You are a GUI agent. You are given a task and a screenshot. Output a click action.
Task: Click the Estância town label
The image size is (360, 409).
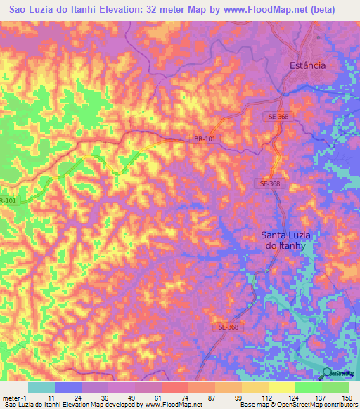[x=308, y=65]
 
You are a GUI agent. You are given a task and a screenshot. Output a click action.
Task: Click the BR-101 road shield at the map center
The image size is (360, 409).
[x=205, y=139]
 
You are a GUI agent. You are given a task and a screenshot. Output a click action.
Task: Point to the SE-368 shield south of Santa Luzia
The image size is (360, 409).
[x=228, y=327]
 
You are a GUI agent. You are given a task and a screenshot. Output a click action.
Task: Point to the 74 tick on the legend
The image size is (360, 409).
[x=165, y=397]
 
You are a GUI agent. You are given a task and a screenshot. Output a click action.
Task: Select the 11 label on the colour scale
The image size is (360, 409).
[x=41, y=397]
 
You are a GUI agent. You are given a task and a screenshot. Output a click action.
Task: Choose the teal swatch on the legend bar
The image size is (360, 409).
[x=41, y=387]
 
